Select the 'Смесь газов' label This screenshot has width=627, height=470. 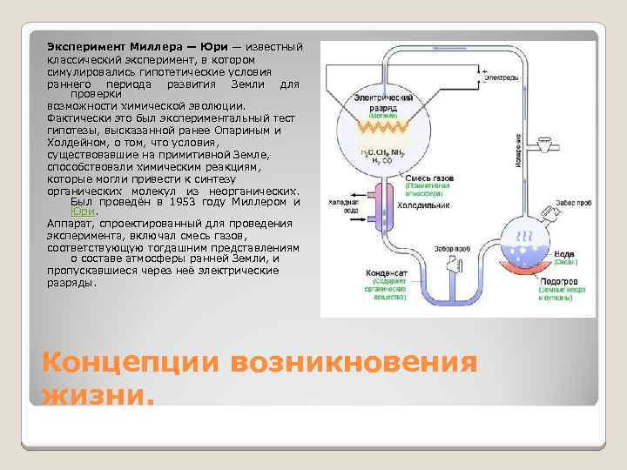click(427, 178)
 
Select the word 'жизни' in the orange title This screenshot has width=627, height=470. click(97, 397)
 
